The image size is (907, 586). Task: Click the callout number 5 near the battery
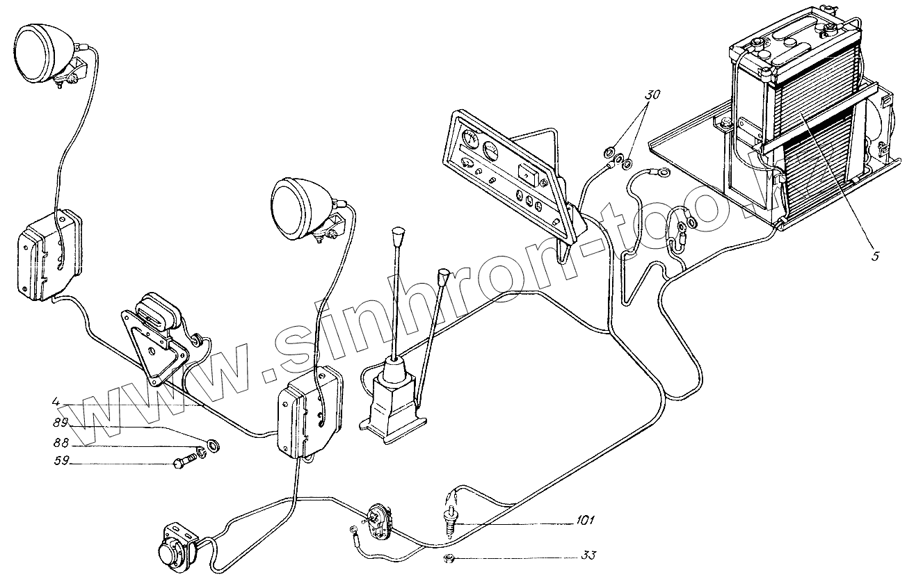(x=874, y=256)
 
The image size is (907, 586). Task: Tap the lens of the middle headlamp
(x=292, y=206)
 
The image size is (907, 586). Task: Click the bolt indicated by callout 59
(x=182, y=462)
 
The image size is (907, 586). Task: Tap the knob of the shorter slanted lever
(x=442, y=278)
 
